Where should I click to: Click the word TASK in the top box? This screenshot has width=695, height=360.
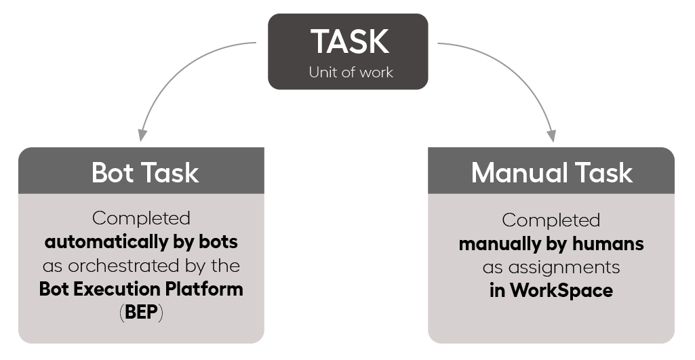(x=350, y=41)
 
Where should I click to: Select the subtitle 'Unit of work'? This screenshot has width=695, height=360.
(x=351, y=73)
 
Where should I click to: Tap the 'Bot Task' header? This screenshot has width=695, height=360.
(x=145, y=172)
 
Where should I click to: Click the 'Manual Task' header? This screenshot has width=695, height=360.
(x=552, y=172)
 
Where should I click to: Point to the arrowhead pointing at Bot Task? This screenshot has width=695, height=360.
(x=142, y=135)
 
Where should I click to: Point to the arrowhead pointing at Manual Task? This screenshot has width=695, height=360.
(x=551, y=136)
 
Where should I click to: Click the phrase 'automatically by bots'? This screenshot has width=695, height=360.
(x=142, y=242)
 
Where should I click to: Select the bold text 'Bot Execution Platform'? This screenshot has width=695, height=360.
(x=141, y=289)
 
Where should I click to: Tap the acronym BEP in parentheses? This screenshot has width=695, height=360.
(x=141, y=312)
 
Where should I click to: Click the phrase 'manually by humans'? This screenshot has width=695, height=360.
(x=551, y=244)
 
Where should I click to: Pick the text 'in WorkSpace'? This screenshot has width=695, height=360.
(x=551, y=290)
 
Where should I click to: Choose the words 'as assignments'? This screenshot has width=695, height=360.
(x=551, y=267)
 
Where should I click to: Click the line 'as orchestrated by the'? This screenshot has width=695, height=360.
(x=142, y=266)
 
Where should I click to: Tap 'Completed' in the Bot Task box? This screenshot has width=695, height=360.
(x=142, y=218)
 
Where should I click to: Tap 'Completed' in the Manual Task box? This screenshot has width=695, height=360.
(x=551, y=220)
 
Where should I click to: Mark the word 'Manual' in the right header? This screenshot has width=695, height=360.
(x=519, y=172)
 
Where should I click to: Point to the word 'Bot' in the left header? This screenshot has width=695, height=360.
(x=113, y=172)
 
